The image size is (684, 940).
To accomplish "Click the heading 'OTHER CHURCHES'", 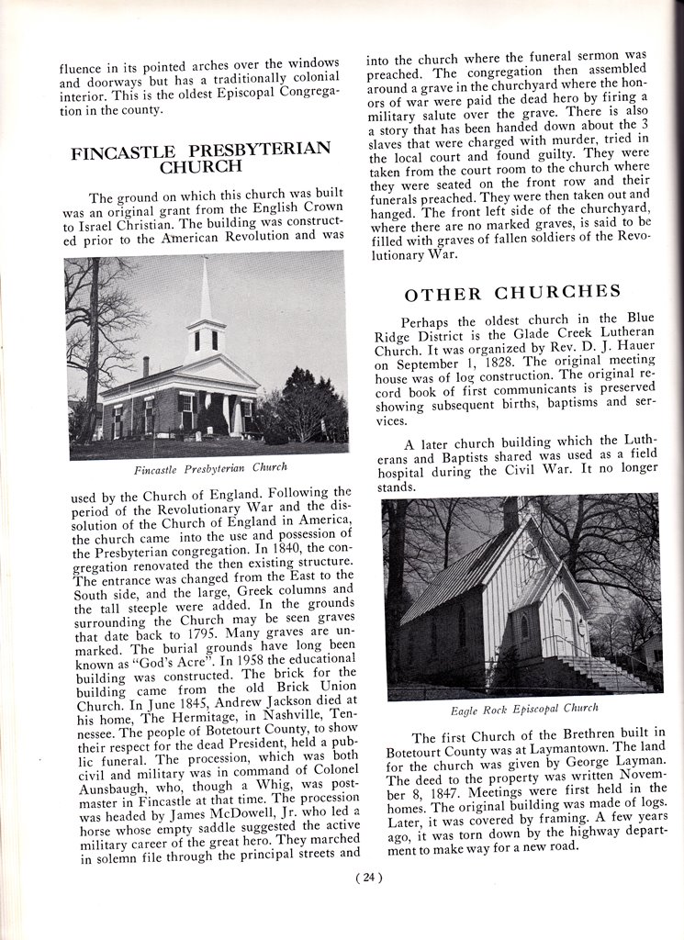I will click(512, 294).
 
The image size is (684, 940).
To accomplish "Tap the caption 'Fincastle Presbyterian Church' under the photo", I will click(210, 468).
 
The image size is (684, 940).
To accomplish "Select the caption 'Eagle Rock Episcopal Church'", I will click(524, 708).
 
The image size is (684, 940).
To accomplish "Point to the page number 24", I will click(367, 877).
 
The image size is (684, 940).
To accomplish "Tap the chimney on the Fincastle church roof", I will click(145, 366).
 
